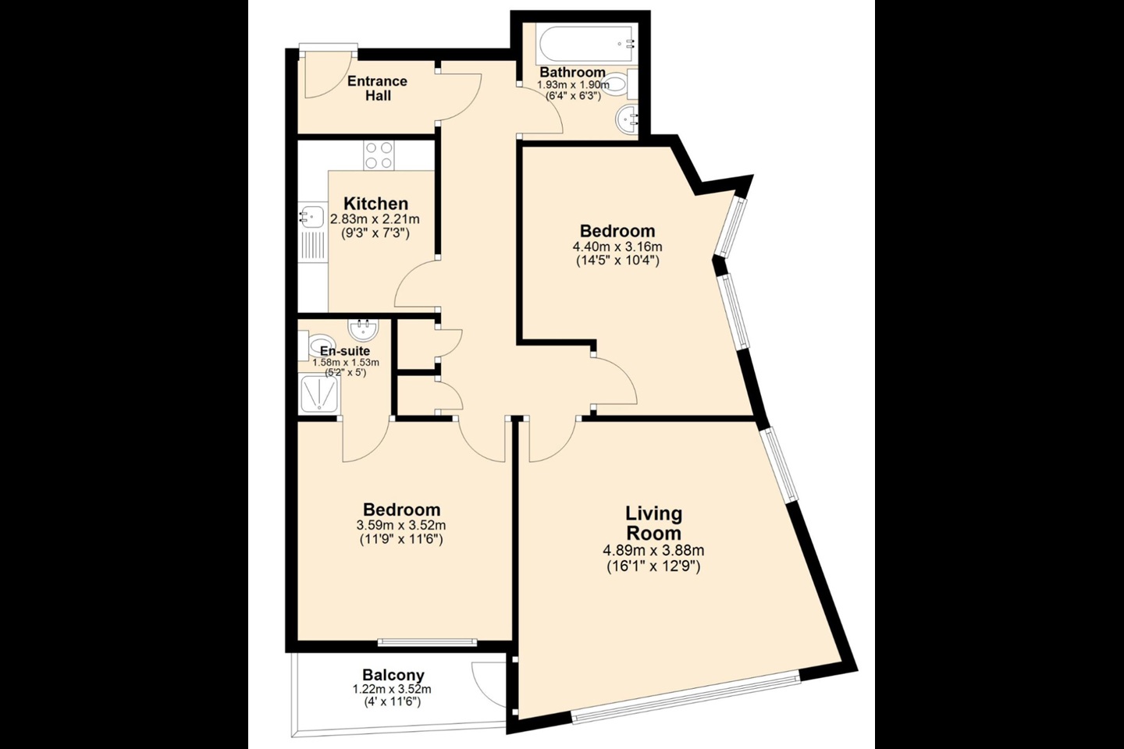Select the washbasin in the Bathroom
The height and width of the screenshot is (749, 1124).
click(x=626, y=120)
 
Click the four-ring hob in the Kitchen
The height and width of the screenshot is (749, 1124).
click(x=379, y=155)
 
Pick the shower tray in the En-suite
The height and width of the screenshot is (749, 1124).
click(x=319, y=394)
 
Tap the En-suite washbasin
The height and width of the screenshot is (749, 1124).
click(x=363, y=329)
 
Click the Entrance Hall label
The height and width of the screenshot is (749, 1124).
click(x=377, y=88)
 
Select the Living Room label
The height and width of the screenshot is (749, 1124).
click(x=653, y=523)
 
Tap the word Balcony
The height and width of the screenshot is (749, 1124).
click(x=393, y=675)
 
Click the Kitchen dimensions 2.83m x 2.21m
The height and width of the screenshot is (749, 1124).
click(x=375, y=219)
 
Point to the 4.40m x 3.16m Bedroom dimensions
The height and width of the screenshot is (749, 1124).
click(x=617, y=247)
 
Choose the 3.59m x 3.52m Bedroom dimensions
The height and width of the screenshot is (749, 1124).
click(x=401, y=526)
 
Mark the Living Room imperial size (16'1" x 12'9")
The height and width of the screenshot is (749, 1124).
click(x=653, y=566)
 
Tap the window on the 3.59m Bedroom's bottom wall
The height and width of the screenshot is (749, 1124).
click(x=427, y=641)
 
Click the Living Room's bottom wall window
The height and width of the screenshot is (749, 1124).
click(x=686, y=701)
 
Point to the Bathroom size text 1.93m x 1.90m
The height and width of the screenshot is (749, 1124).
click(x=573, y=85)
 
